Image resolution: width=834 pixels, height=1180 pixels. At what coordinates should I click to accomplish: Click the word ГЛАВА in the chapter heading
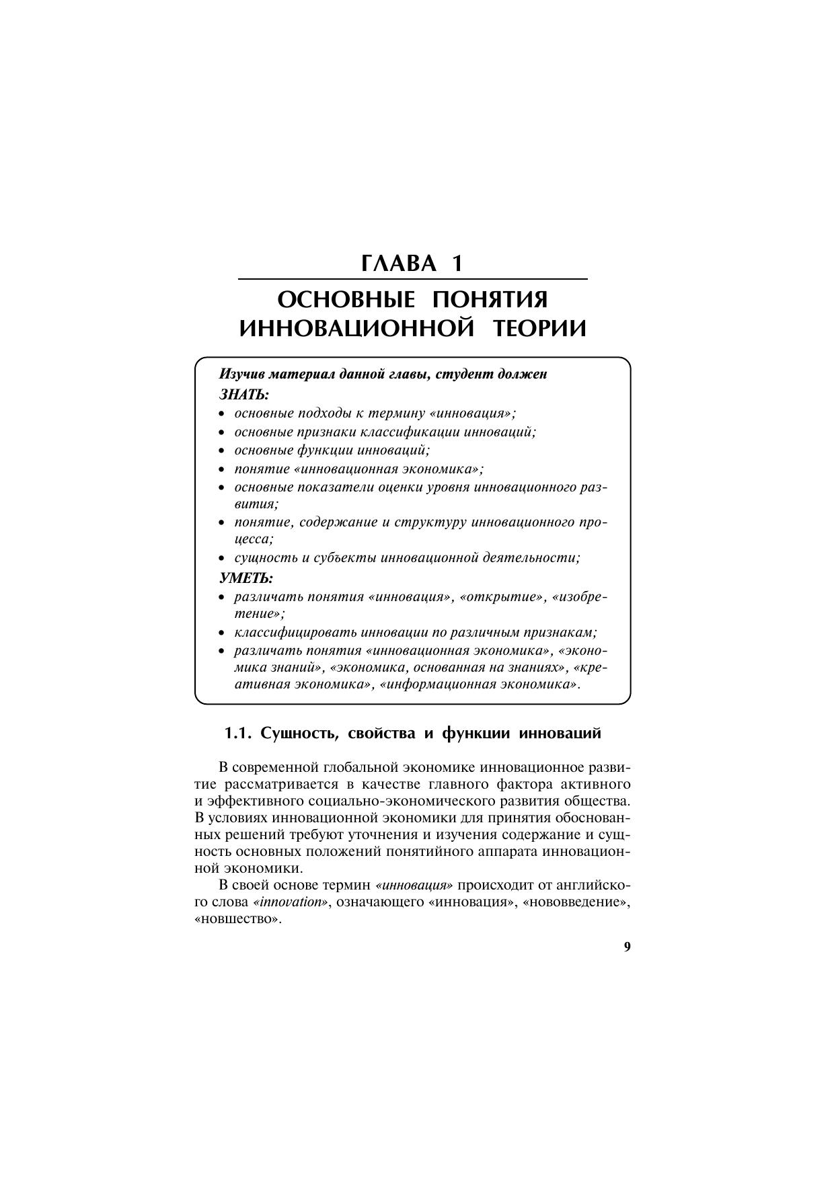coord(398,263)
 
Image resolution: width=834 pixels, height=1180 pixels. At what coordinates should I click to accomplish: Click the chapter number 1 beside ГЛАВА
coord(457,263)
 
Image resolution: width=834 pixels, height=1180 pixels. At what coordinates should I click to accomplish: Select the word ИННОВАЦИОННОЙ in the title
coord(354,329)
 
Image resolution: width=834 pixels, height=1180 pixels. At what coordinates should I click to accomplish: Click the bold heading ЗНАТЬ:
coord(243,393)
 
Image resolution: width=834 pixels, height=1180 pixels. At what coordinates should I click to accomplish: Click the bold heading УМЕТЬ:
coord(246,578)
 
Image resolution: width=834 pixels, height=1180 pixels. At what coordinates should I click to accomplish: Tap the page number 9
coord(627,947)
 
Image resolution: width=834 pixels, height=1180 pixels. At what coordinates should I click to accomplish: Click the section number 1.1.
coord(237,734)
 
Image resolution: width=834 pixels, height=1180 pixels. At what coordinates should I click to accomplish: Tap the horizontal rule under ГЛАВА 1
coord(413,279)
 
